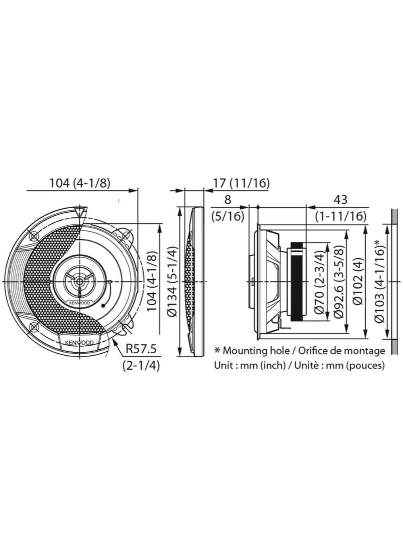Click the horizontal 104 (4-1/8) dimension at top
pyautogui.click(x=79, y=183)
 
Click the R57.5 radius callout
pyautogui.click(x=141, y=349)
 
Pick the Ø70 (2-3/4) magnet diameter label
pyautogui.click(x=320, y=281)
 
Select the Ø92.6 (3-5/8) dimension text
pyautogui.click(x=339, y=281)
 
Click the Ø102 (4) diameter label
pyautogui.click(x=358, y=281)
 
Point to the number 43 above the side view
pyautogui.click(x=340, y=199)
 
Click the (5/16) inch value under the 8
pyautogui.click(x=228, y=217)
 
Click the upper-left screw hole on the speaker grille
pyautogui.click(x=34, y=236)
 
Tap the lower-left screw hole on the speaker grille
pyautogui.click(x=33, y=327)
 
